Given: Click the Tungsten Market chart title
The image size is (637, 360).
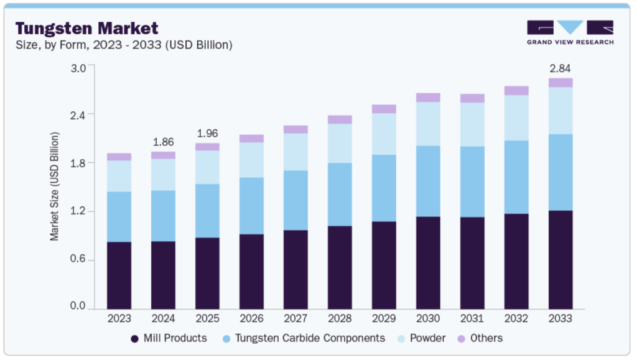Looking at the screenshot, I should pyautogui.click(x=86, y=28).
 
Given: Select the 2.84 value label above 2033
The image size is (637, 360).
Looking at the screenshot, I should pyautogui.click(x=560, y=68).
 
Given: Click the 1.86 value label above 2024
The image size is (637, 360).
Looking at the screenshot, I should pyautogui.click(x=163, y=141).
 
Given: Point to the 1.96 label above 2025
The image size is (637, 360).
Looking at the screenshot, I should pyautogui.click(x=207, y=133).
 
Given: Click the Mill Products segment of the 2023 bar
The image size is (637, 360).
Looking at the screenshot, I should pyautogui.click(x=119, y=275).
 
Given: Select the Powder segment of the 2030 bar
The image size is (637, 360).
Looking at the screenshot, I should pyautogui.click(x=428, y=124).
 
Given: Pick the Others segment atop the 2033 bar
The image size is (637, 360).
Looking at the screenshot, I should pyautogui.click(x=560, y=83).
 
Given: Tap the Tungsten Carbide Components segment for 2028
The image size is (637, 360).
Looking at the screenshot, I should pyautogui.click(x=340, y=194).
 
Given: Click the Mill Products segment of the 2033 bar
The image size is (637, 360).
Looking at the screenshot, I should pyautogui.click(x=560, y=259).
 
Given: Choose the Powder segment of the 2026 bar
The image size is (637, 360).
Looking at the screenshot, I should pyautogui.click(x=251, y=160).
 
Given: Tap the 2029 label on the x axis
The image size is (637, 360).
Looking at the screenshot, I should pyautogui.click(x=384, y=318).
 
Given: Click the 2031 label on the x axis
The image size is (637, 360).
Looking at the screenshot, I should pyautogui.click(x=472, y=318).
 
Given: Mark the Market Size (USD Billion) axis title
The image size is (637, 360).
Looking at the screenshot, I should pyautogui.click(x=55, y=187).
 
